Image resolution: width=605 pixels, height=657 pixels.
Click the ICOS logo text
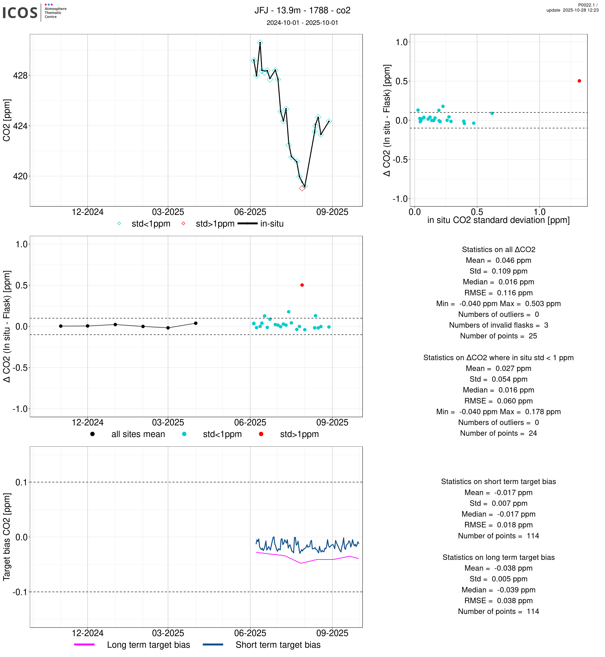coord(20,13)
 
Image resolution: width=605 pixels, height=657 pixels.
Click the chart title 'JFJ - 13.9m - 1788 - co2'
coord(302,11)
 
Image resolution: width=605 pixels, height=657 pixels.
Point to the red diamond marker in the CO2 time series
coord(302,189)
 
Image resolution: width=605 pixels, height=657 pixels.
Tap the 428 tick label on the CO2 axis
coord(20,76)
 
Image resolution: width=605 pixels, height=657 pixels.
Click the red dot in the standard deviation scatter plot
coord(579,81)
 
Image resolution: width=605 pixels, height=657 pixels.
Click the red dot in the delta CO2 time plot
coord(302,285)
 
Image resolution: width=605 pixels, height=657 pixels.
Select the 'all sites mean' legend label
coord(138,434)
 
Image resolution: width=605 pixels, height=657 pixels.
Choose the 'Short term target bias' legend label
coord(278,645)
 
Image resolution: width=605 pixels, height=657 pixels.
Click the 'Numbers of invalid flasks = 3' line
coord(498,325)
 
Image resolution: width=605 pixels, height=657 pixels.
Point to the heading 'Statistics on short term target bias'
coord(498,482)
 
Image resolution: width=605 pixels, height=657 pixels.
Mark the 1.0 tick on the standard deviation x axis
coord(540,212)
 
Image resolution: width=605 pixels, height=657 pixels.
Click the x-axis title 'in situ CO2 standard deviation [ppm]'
coord(498,220)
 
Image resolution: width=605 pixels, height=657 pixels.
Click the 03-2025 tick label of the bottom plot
coord(168,633)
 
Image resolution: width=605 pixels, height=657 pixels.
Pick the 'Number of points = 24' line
coord(498,433)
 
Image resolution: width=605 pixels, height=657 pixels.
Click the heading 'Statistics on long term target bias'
coord(498,558)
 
